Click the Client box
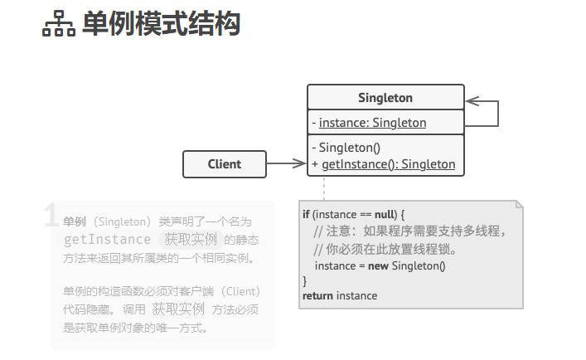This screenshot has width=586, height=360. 225,164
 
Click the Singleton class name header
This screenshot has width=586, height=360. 385,98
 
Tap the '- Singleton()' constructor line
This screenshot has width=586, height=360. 346,148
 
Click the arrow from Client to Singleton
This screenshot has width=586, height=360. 287,164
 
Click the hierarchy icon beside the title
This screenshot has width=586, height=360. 58,25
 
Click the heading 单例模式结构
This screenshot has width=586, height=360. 161,24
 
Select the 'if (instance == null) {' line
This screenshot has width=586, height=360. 353,214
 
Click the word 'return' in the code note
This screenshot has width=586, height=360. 317,295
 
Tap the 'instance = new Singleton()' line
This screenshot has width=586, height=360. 380,265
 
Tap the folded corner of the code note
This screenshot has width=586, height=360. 519,204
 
